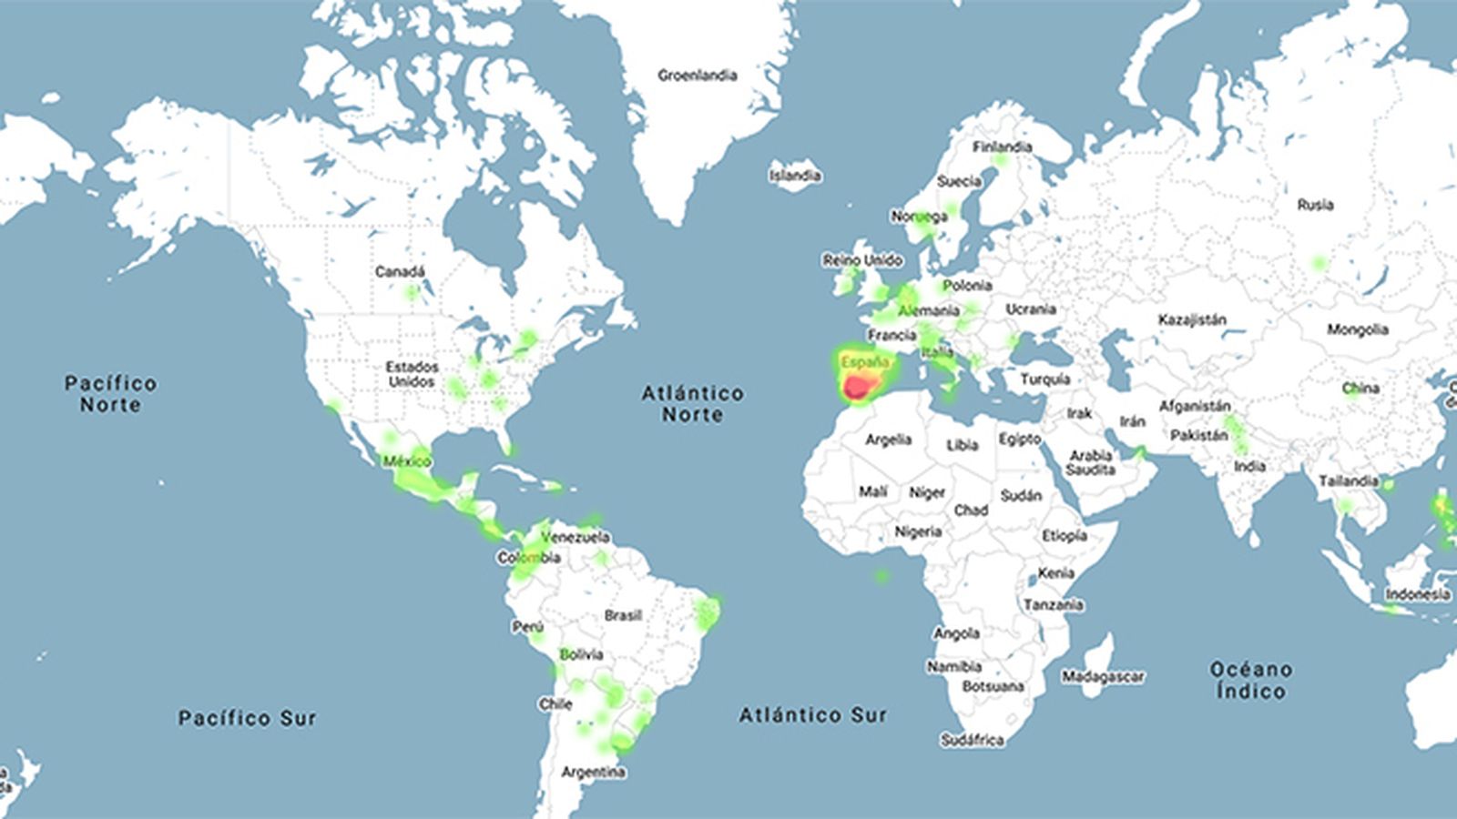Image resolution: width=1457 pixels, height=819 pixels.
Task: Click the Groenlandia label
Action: [697, 76]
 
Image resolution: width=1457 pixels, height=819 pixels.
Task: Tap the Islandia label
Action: [794, 176]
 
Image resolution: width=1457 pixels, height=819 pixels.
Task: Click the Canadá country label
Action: [400, 272]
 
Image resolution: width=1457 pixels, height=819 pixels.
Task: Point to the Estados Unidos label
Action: [412, 374]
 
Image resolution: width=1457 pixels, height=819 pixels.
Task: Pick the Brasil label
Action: [623, 616]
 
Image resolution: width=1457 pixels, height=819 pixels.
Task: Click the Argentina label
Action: [593, 773]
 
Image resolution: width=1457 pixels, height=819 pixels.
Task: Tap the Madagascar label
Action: [1102, 677]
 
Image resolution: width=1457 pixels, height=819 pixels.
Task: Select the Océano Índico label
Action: [1250, 680]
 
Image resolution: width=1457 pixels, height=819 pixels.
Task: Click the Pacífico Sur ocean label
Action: [247, 718]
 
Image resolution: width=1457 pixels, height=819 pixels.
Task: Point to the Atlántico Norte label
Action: [692, 404]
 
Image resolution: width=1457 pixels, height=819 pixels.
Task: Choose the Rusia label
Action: [1315, 206]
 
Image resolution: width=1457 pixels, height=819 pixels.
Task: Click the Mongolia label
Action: [1357, 329]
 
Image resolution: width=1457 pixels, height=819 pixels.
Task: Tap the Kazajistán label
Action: [1192, 320]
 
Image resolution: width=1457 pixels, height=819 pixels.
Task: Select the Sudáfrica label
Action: [972, 741]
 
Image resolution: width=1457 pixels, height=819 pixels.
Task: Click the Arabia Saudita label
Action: [1090, 462]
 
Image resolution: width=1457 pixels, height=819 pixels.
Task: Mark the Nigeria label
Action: [917, 531]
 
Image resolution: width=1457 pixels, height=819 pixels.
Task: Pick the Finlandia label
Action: [1002, 147]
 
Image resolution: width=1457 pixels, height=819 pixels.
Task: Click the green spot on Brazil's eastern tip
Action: [708, 612]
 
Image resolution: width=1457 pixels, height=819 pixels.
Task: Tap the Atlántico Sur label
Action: [812, 715]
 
